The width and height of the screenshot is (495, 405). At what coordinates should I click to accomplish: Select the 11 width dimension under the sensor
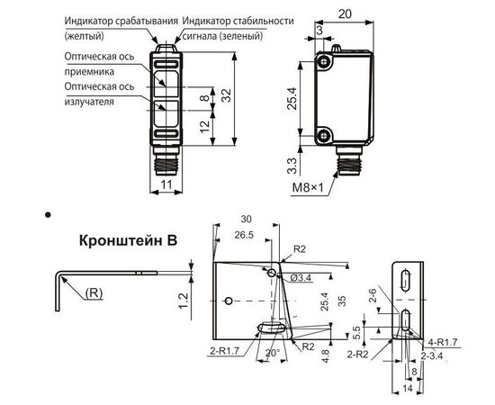(x=166, y=184)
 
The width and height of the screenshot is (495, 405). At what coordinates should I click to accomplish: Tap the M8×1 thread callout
(x=308, y=188)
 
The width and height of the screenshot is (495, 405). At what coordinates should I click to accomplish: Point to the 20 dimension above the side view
(x=345, y=13)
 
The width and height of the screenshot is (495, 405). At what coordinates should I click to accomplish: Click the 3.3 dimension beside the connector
(x=292, y=166)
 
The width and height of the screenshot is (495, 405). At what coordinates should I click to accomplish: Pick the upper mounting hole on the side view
(x=323, y=62)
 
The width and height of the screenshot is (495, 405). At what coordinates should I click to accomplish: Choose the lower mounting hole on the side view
(x=323, y=136)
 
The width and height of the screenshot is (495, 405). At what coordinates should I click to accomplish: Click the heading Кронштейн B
(x=128, y=240)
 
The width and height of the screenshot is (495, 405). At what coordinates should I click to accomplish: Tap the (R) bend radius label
(x=94, y=293)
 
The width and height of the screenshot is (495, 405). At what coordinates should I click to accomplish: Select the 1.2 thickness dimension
(x=183, y=301)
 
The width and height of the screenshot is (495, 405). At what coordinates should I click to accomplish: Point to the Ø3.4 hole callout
(x=301, y=278)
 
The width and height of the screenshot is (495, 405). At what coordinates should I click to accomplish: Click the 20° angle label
(x=273, y=353)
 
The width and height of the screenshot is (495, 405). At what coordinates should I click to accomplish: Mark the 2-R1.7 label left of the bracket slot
(x=225, y=350)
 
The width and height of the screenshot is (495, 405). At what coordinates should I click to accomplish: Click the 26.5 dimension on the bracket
(x=244, y=235)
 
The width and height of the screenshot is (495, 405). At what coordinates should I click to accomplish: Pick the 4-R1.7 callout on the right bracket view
(x=443, y=342)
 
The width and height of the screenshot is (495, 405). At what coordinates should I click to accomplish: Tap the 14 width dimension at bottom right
(x=408, y=388)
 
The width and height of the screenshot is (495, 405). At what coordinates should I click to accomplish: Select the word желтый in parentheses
(x=84, y=36)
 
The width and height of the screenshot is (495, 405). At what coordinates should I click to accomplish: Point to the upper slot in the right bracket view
(x=405, y=280)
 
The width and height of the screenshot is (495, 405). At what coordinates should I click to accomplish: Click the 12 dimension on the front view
(x=205, y=126)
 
